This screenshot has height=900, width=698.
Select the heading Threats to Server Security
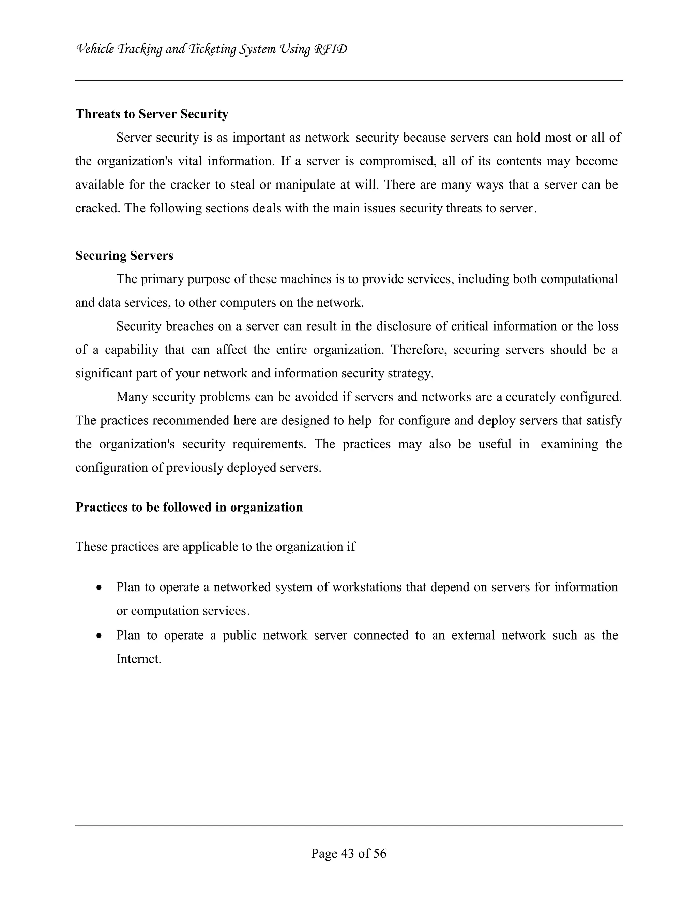[152, 114]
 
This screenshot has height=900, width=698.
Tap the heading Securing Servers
[124, 256]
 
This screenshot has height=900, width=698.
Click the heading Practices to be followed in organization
[189, 507]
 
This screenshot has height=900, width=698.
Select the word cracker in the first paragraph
[190, 184]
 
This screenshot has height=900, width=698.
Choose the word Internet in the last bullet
[139, 659]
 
